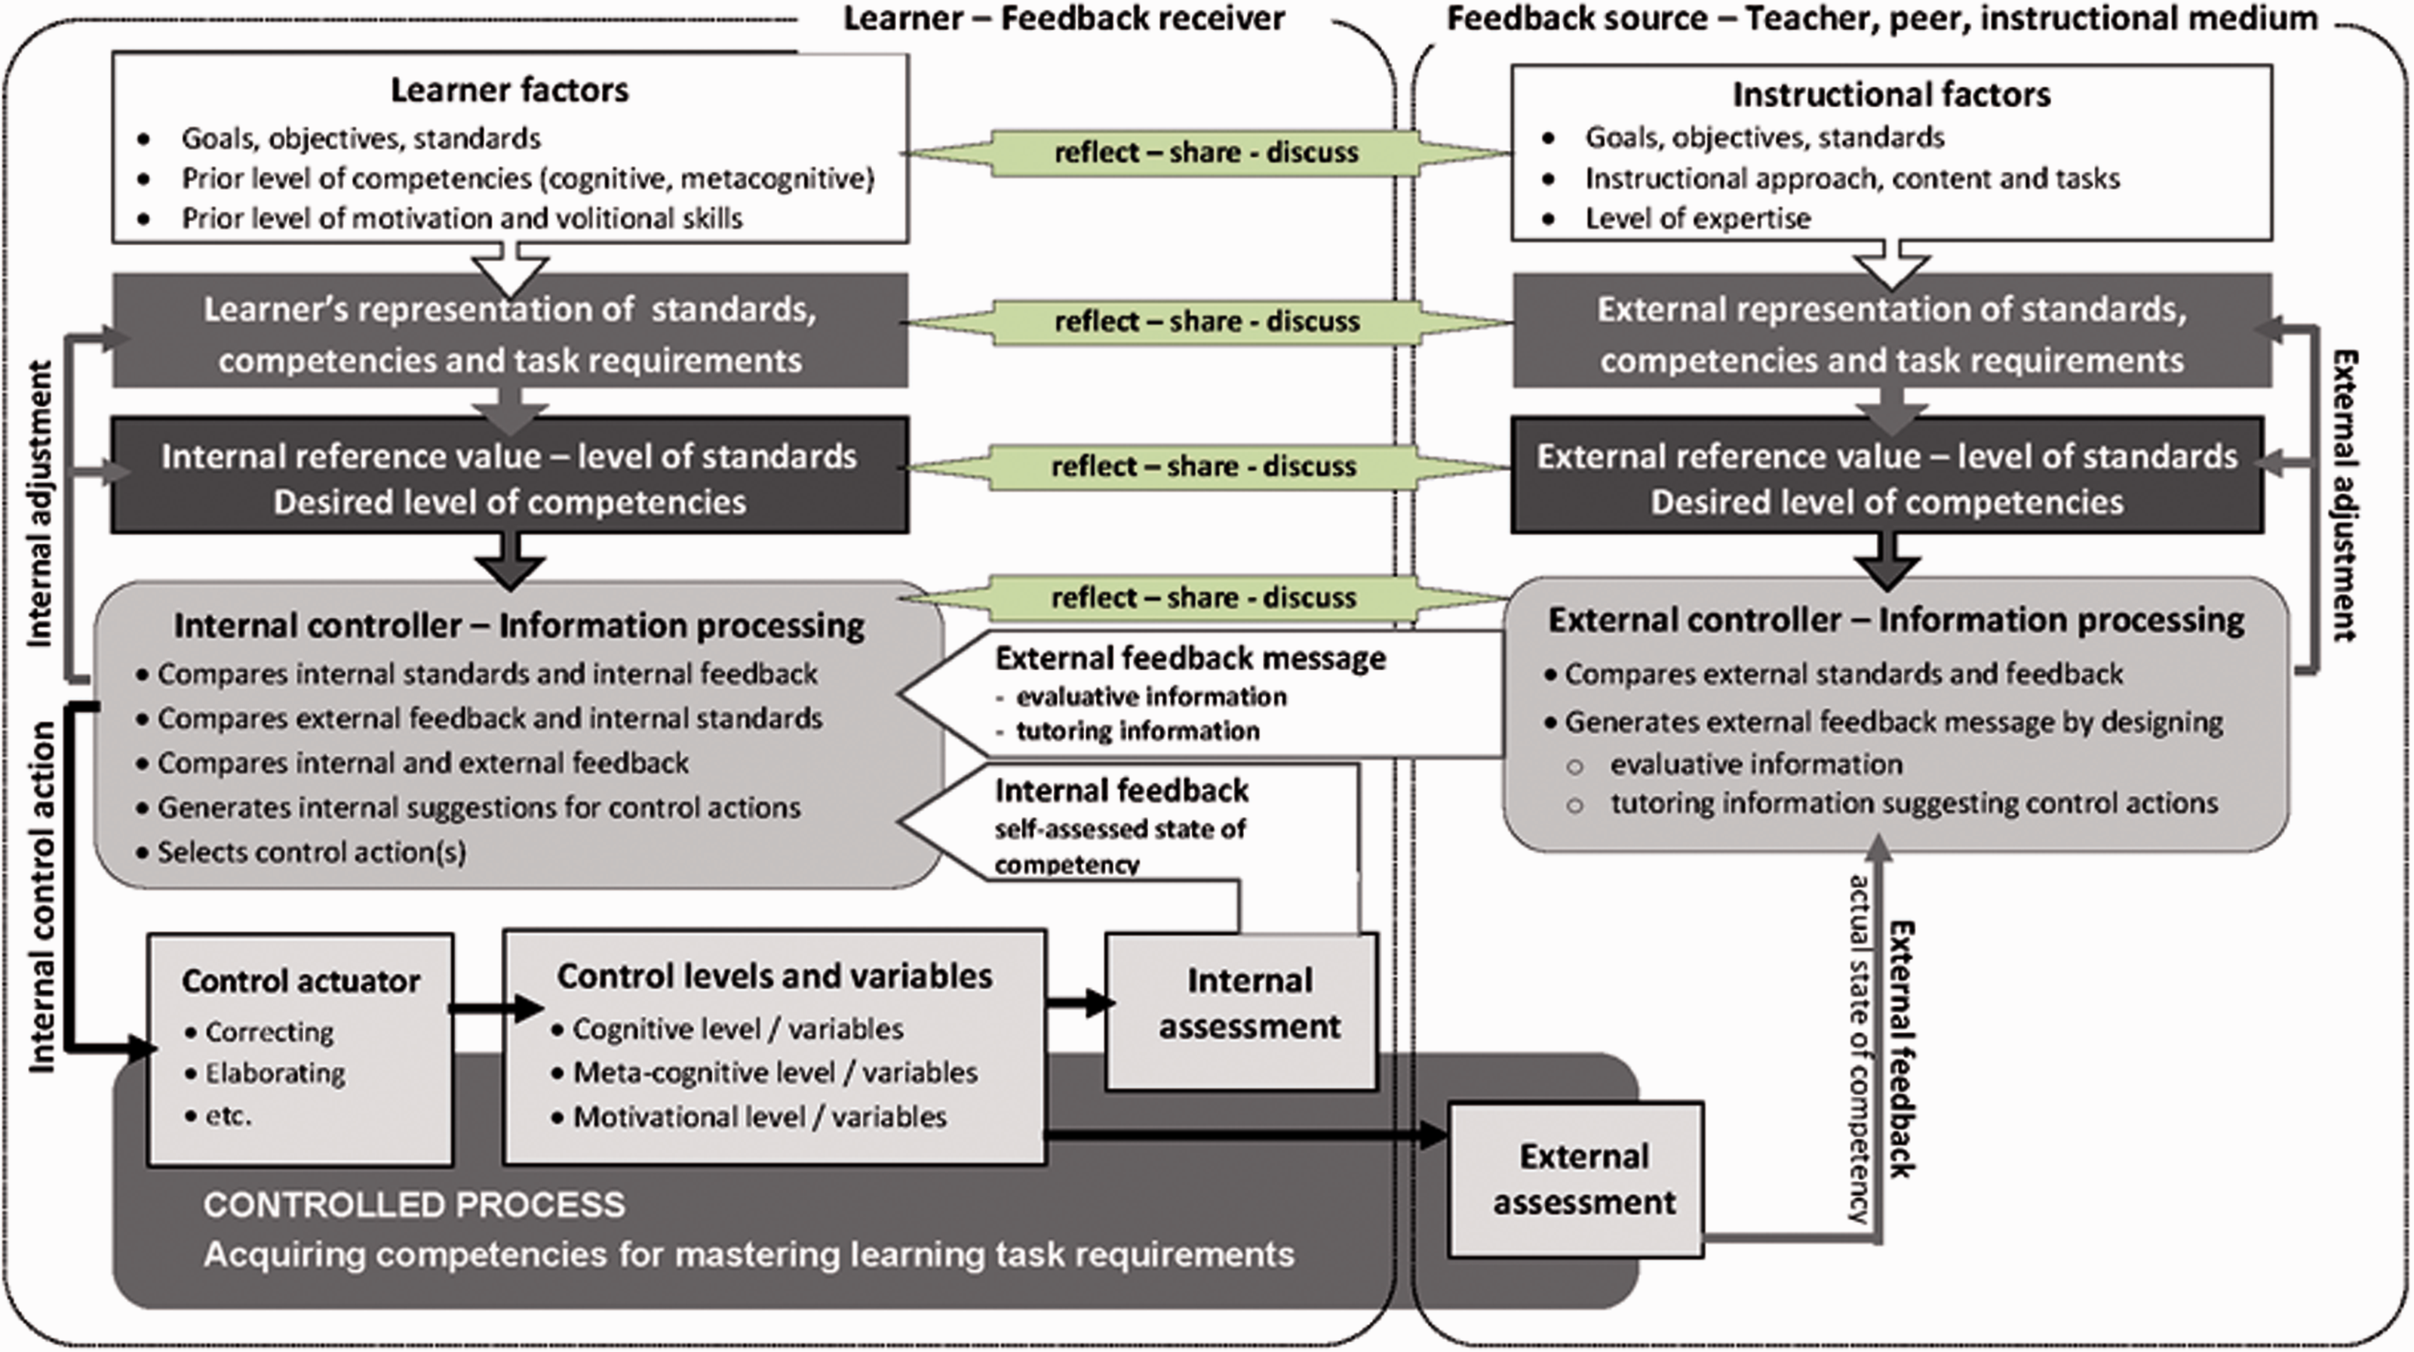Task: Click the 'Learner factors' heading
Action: [510, 90]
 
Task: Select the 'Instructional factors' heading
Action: [1891, 94]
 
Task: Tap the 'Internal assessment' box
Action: [1242, 1011]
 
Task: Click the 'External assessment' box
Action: [1576, 1179]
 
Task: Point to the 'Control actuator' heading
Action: [301, 981]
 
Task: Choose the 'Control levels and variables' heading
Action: [774, 976]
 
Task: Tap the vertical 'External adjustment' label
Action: [2345, 496]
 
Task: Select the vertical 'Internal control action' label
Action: [42, 898]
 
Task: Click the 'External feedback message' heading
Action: [1190, 659]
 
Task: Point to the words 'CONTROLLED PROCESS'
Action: [414, 1205]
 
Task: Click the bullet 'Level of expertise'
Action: [1697, 218]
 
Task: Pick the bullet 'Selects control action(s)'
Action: [311, 853]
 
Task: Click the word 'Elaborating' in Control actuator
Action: [275, 1074]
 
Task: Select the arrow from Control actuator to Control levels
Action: [496, 1008]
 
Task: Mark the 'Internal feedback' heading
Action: [1122, 791]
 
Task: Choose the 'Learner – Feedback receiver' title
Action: [1064, 18]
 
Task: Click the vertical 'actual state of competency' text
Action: [1860, 1049]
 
